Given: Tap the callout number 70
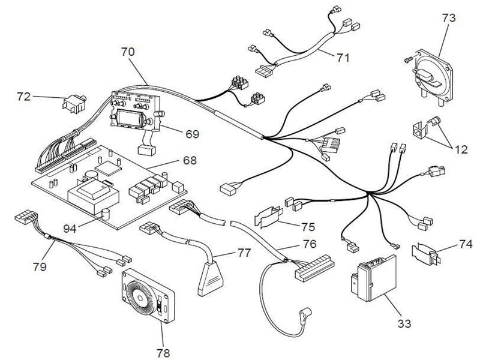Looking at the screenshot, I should click(128, 52).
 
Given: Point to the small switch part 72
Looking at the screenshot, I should click(74, 104).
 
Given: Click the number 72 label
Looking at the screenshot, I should click(24, 95).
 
